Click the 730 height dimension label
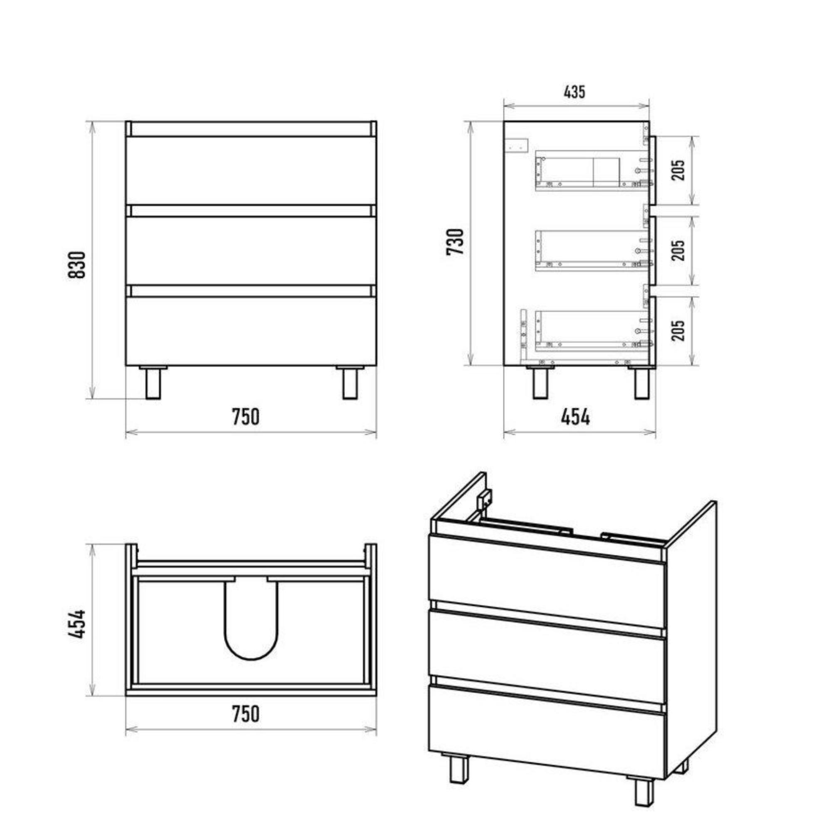(455, 242)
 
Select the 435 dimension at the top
(574, 92)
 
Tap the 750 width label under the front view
(246, 417)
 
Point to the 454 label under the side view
(575, 417)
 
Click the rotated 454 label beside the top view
(77, 624)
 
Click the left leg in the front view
(153, 382)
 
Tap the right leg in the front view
(350, 382)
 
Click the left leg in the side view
(540, 382)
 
